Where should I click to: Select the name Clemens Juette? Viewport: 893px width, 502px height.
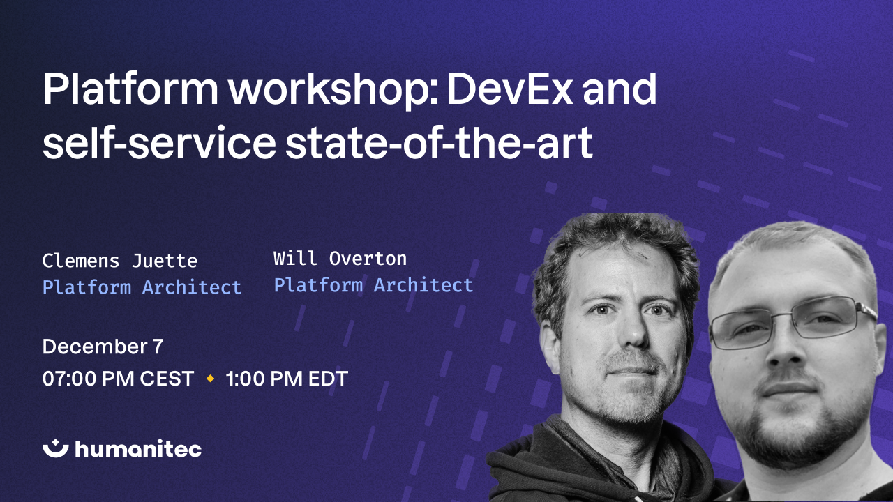(x=119, y=261)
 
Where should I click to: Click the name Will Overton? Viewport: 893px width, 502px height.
(x=340, y=259)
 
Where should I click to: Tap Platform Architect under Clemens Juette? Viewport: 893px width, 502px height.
(x=142, y=287)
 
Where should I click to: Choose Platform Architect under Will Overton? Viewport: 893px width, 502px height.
(x=373, y=284)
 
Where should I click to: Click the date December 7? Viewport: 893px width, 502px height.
(x=103, y=347)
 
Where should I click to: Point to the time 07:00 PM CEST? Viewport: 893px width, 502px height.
(x=118, y=379)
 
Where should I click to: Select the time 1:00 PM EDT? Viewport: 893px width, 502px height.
(x=287, y=379)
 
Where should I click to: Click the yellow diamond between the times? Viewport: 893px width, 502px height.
(x=210, y=379)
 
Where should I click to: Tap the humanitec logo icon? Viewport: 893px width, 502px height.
(x=55, y=448)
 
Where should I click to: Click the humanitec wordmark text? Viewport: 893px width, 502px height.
(x=137, y=449)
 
